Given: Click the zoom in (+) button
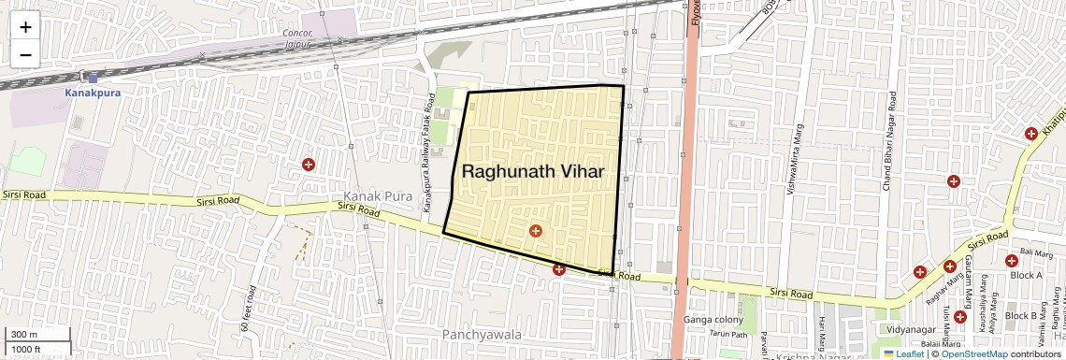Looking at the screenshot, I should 25,26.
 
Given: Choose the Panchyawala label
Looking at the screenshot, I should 482,334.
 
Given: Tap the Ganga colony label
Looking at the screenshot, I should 713,319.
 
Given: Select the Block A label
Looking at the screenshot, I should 1025,275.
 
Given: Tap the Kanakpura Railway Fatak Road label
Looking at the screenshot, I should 426,165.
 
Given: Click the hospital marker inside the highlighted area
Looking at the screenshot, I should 536,231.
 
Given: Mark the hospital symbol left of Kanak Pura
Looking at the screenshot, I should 308,166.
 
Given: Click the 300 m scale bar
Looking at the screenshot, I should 37,335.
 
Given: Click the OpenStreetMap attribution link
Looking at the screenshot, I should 973,354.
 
